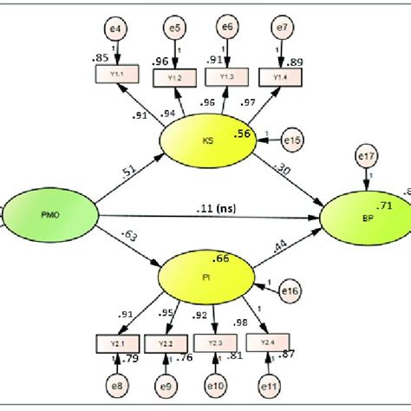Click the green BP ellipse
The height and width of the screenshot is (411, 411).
click(363, 217)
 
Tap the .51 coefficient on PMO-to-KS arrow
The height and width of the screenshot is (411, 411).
click(128, 174)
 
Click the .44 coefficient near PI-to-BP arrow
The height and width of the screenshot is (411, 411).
click(281, 249)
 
